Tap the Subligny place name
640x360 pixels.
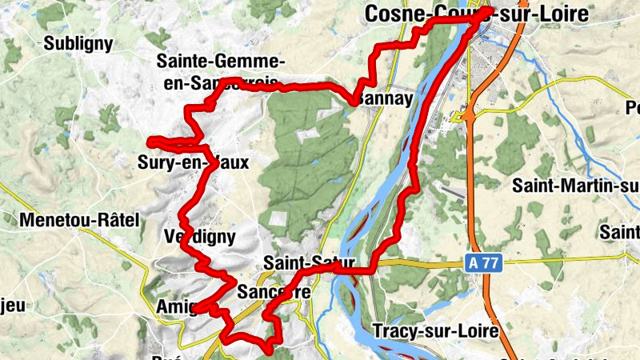click(78, 43)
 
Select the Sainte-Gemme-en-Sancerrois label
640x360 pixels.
click(221, 70)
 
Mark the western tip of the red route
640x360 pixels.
click(150, 142)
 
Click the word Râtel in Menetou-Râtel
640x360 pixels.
click(116, 218)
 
